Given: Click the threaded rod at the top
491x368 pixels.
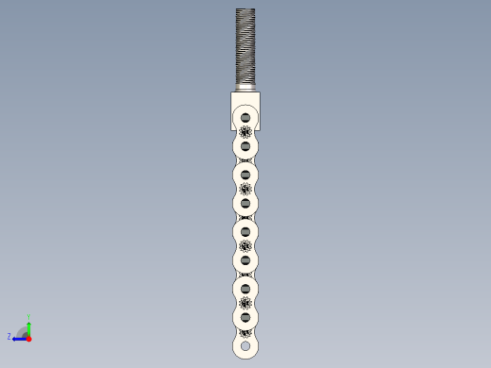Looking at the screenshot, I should click(245, 47).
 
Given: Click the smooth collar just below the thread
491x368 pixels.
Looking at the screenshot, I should click(245, 89).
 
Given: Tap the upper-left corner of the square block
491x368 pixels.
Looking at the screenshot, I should click(231, 93).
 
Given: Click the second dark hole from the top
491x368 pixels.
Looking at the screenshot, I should click(245, 146).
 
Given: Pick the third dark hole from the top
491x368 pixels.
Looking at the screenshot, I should click(245, 175).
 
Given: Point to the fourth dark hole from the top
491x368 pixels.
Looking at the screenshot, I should click(245, 203).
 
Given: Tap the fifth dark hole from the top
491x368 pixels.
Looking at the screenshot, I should click(245, 231).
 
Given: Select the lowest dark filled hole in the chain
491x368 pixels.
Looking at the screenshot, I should click(245, 316).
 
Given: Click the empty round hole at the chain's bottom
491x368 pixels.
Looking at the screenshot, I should click(245, 347).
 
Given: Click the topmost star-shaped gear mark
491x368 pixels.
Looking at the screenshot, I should click(245, 132).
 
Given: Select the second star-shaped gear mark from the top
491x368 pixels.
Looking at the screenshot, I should click(245, 189).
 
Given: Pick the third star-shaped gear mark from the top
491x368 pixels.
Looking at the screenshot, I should click(245, 245).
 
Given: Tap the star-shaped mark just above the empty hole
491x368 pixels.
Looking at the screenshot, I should click(245, 331).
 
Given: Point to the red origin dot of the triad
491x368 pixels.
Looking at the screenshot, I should click(28, 337).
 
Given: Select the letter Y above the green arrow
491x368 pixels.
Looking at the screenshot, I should click(28, 317).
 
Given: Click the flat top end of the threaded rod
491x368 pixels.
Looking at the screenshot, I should click(245, 9).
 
